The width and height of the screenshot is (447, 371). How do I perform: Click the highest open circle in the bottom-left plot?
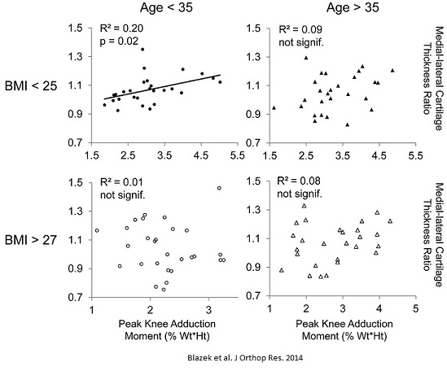[219, 189]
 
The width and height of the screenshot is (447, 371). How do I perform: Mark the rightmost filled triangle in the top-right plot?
[392, 70]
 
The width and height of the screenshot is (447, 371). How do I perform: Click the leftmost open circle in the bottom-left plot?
[97, 230]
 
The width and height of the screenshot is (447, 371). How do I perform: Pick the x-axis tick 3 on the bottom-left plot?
[208, 308]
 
